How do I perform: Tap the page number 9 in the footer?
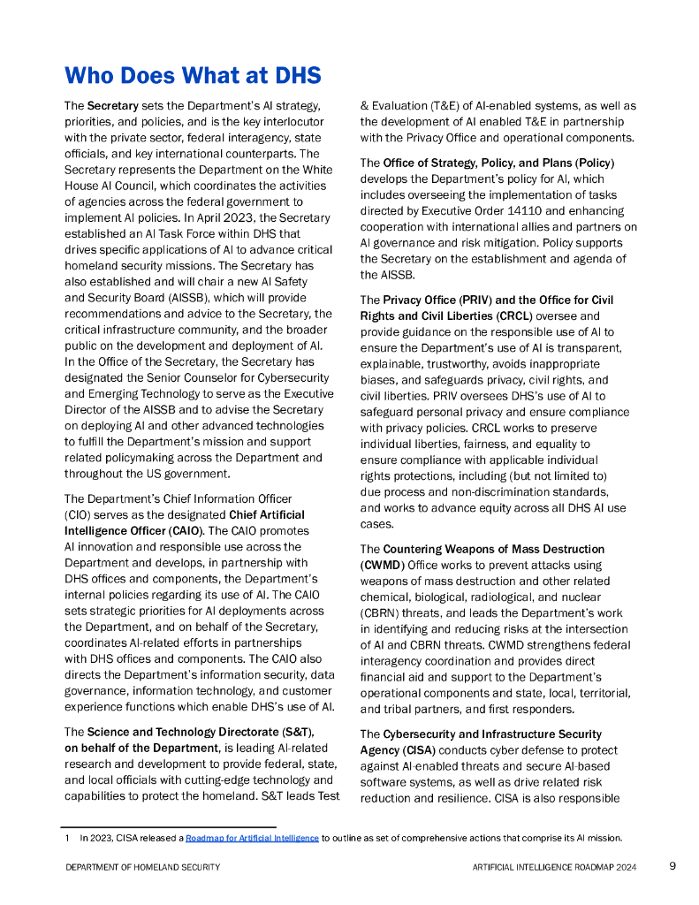pos(672,866)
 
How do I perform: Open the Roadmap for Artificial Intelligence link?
pos(252,838)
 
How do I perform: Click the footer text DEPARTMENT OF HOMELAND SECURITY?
pos(143,867)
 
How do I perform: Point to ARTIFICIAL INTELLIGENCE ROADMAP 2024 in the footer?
pos(554,867)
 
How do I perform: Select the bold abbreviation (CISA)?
pos(416,750)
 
